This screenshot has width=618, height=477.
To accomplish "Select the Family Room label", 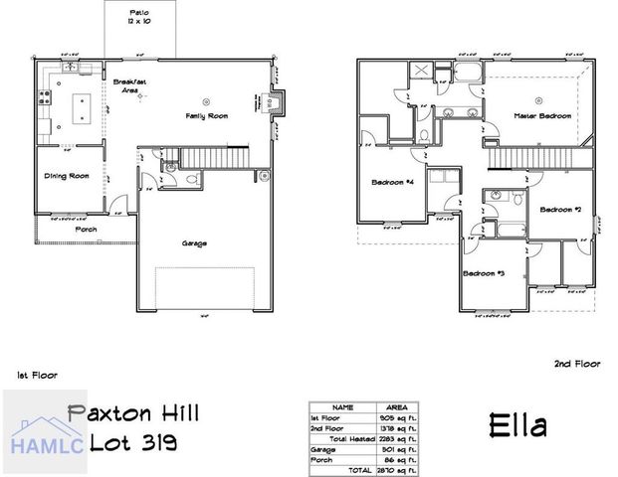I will tap(207, 117).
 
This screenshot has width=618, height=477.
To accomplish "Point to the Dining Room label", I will tap(67, 176).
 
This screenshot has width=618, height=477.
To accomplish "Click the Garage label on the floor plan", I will tap(194, 242).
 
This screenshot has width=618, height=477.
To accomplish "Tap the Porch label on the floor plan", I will tap(87, 229).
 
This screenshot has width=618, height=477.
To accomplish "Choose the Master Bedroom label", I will tap(542, 116).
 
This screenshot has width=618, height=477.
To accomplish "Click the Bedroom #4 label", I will tap(391, 183).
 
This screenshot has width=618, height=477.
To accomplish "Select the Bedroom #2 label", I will tap(560, 210).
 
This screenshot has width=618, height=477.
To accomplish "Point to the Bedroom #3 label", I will tap(484, 271).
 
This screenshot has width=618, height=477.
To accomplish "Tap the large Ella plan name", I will tap(517, 426).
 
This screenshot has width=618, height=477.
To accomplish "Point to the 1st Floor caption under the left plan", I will tap(37, 376).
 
